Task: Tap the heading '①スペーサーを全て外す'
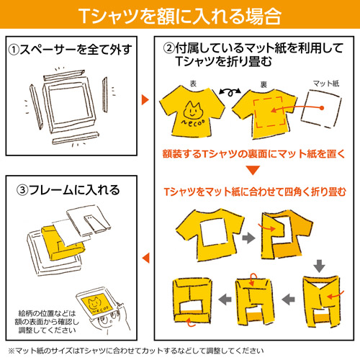pos(69,52)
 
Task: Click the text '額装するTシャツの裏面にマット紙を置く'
pos(252,153)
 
